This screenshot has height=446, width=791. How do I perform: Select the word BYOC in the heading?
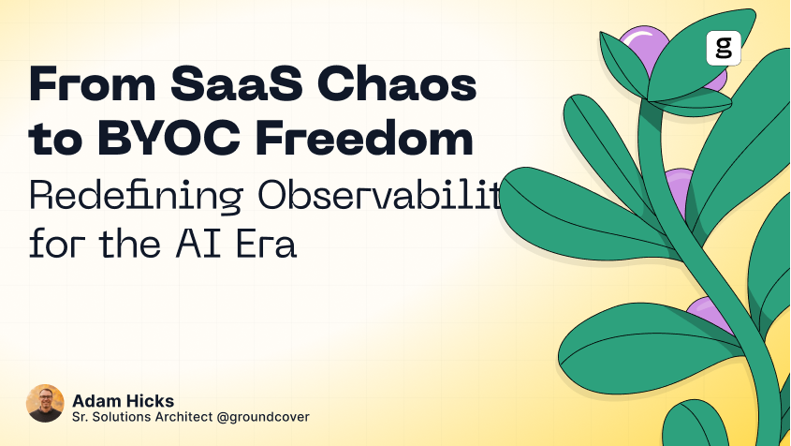pos(171,141)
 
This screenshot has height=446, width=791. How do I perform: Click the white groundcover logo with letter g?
pos(723,48)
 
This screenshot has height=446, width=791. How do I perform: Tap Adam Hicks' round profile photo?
pos(45,403)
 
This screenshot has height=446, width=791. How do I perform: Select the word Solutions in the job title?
pos(124,417)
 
